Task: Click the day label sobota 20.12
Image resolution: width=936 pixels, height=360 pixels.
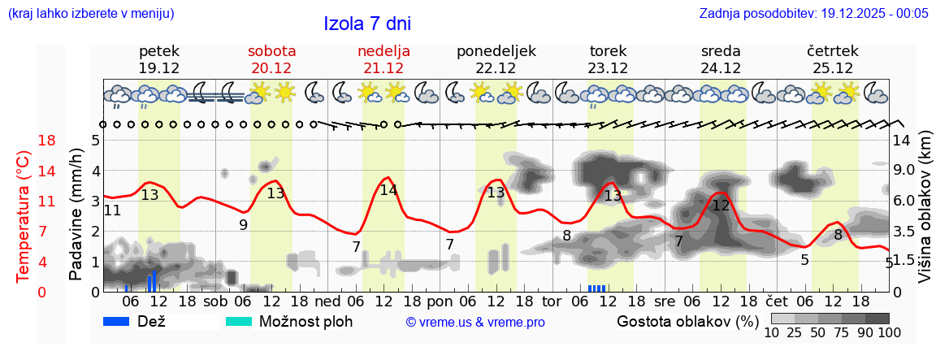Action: coord(271,59)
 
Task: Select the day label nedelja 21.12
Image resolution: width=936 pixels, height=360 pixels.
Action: coord(383,59)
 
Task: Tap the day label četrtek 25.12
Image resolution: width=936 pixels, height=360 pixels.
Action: coord(832,59)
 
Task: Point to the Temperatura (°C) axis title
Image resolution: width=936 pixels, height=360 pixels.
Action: coord(24,215)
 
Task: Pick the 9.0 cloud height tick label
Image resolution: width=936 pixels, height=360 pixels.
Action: coord(903,171)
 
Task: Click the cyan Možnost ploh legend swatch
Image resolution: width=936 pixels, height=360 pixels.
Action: coord(239,322)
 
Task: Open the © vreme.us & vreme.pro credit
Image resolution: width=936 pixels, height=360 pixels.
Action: coord(474,323)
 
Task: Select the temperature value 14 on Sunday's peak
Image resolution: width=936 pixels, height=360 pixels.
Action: coord(388,190)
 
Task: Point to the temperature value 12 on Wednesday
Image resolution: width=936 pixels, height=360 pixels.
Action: coord(721,206)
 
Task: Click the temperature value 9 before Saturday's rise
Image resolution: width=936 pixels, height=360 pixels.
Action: coord(243,224)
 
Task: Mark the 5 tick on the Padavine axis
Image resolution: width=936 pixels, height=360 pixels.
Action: coord(95,141)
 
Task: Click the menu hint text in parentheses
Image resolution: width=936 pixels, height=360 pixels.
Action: coord(91,14)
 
